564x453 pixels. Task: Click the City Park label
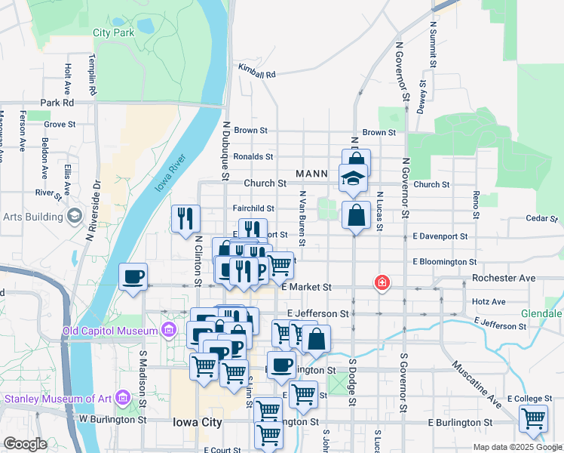pos(113,32)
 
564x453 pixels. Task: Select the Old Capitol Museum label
pos(109,331)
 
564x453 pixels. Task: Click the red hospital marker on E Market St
pos(382,284)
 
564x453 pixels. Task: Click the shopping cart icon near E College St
pos(533,418)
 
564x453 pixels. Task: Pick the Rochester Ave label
pos(504,278)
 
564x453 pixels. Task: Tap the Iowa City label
pos(197,422)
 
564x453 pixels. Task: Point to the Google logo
pos(24,444)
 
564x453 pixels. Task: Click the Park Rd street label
pos(58,102)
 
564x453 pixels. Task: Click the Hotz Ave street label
pos(488,301)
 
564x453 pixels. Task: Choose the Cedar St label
pos(540,219)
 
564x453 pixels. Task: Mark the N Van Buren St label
pos(302,218)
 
